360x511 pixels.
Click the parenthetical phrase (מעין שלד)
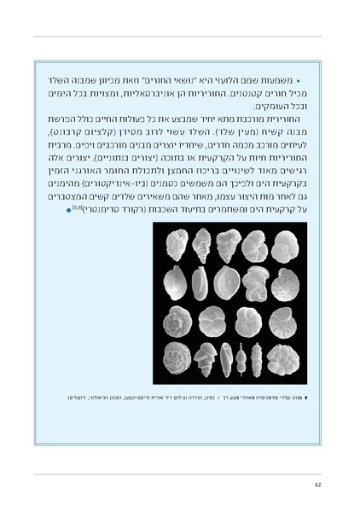(208, 133)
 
